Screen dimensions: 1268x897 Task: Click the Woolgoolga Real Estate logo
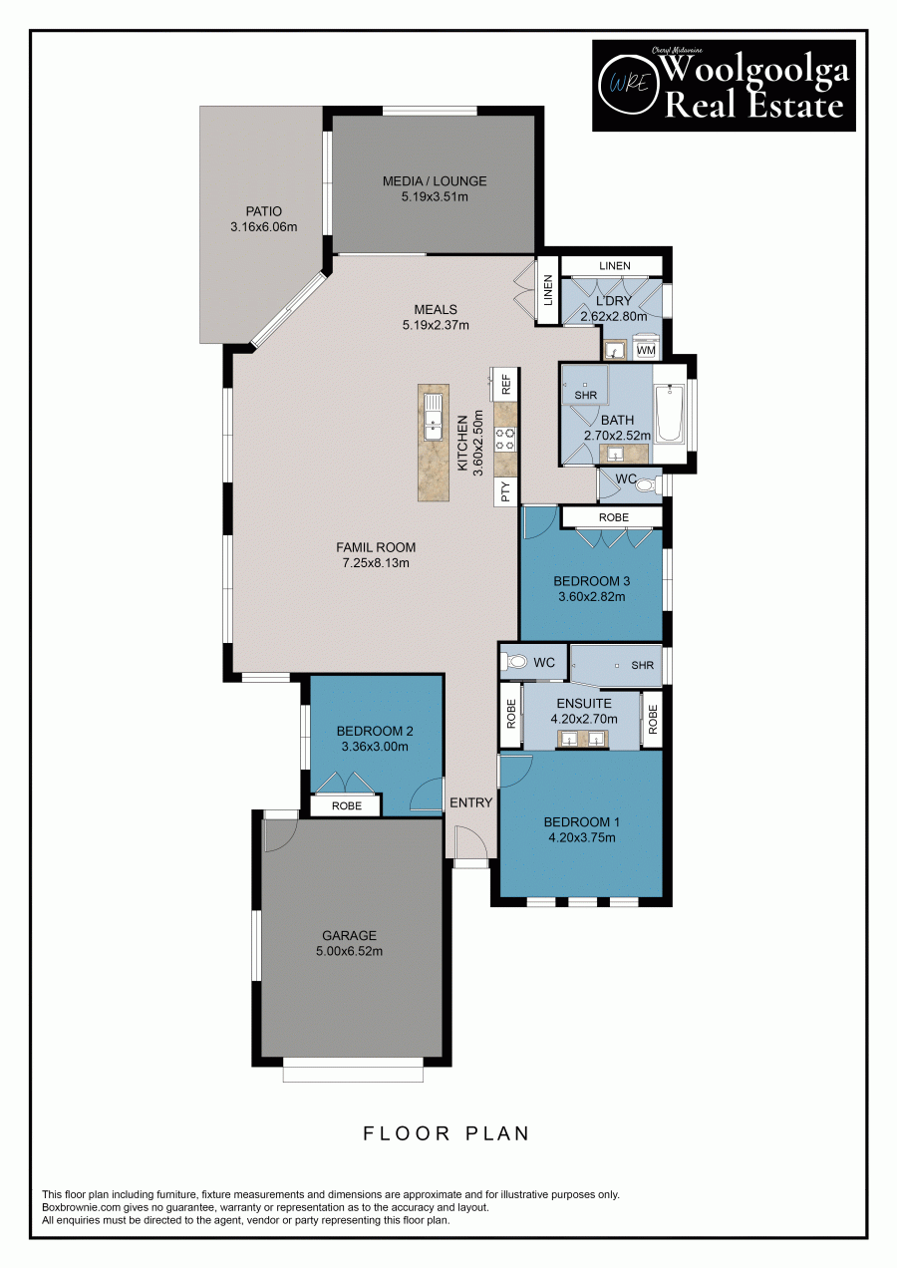coord(724,86)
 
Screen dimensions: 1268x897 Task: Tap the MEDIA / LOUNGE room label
coord(435,181)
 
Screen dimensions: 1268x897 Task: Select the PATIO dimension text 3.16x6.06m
coord(264,227)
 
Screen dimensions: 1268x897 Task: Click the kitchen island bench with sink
coord(434,442)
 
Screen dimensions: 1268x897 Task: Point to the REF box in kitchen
coord(505,383)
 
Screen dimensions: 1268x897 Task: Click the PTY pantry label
coord(505,490)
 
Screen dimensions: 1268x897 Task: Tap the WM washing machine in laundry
coord(646,350)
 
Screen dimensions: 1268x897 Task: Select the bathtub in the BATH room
coord(670,415)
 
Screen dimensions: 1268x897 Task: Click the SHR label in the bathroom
coord(585,395)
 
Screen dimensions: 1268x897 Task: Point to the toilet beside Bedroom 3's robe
coord(645,485)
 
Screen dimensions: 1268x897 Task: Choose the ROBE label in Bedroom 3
coord(613,518)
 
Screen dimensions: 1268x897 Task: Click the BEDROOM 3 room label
coord(591,581)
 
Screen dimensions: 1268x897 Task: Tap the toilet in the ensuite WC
coord(516,662)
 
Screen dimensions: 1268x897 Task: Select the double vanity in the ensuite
coord(581,740)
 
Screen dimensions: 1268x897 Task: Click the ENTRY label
coord(470,802)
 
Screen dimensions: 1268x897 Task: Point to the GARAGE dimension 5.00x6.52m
coord(349,951)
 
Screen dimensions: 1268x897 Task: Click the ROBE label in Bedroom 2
coord(346,806)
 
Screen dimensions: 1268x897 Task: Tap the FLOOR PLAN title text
coord(447,1133)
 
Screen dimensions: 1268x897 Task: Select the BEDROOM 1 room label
coord(581,822)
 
